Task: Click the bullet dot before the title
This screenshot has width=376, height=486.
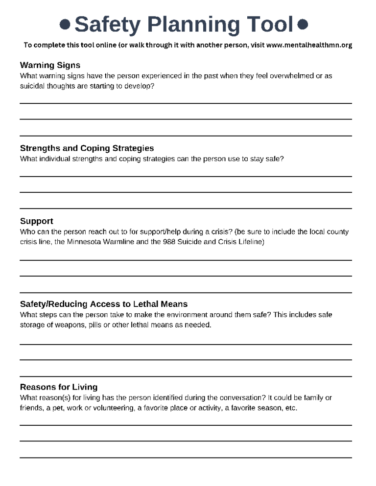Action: coord(65,24)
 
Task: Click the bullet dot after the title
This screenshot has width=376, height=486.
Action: coord(303,23)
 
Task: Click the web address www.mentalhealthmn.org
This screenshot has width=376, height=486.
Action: coord(309,45)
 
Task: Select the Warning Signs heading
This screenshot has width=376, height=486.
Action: coord(50,65)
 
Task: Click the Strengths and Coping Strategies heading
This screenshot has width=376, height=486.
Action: coord(87,148)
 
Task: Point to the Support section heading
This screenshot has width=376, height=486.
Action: coord(36,221)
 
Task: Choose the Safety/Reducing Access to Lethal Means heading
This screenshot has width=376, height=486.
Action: coord(103,304)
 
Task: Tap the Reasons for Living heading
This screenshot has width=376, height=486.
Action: coord(58,387)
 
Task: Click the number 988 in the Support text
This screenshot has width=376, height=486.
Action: coord(169,242)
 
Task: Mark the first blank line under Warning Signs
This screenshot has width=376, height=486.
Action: coord(186,103)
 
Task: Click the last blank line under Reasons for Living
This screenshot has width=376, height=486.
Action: coord(186,458)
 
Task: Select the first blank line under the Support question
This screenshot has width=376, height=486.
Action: coord(186,260)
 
